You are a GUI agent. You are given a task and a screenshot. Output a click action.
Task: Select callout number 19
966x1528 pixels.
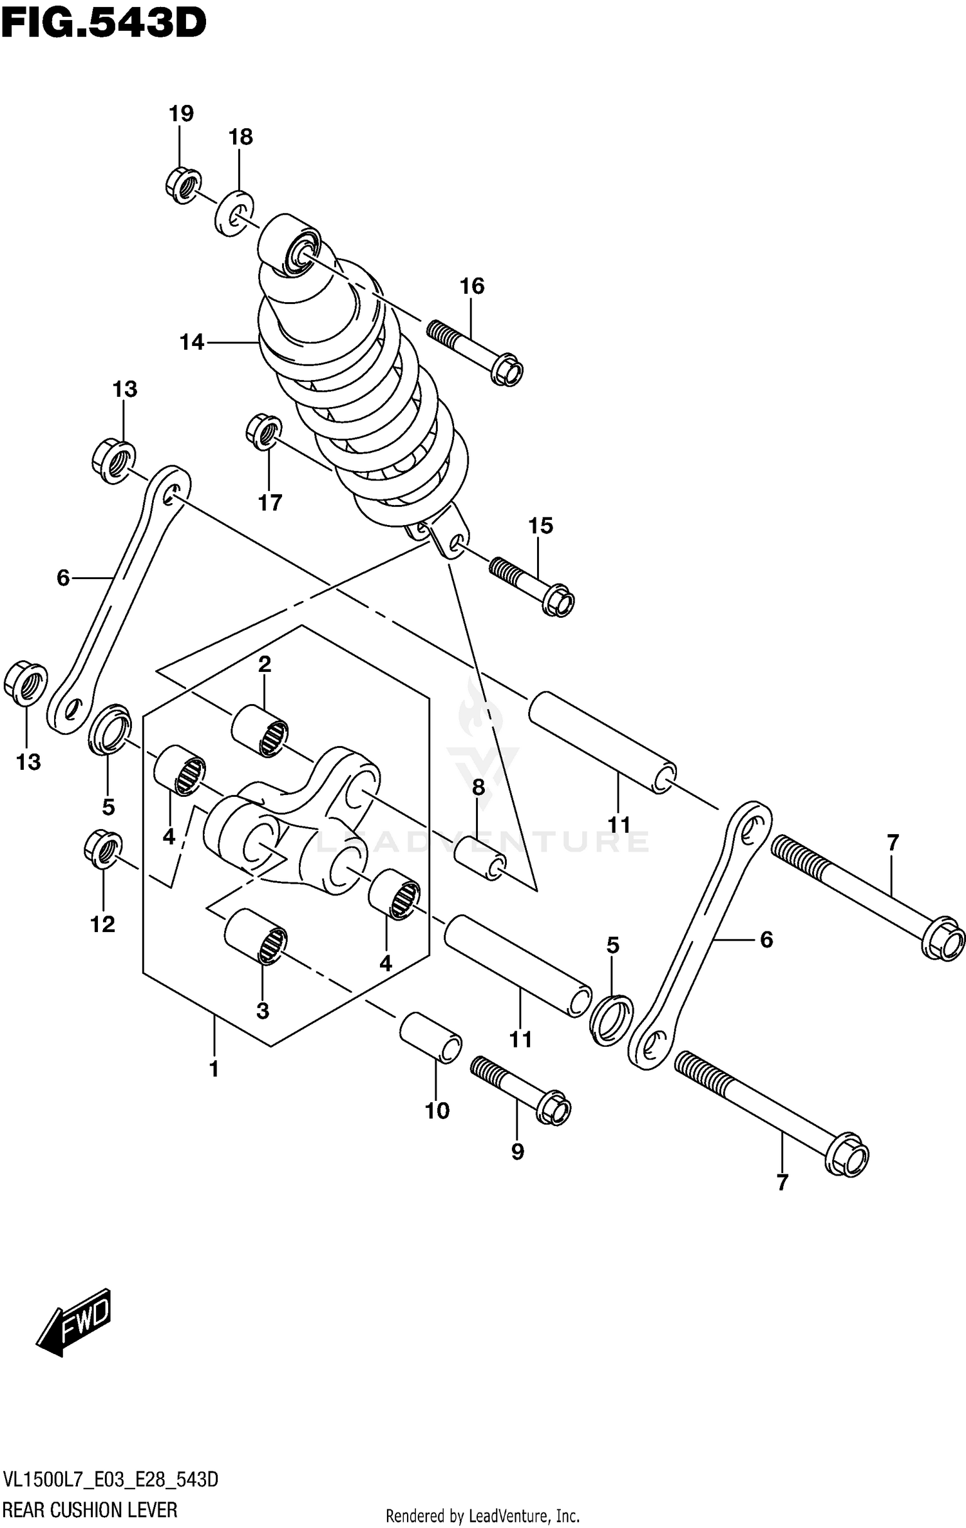click(x=181, y=114)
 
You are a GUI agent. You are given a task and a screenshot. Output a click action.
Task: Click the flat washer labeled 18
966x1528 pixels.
click(x=233, y=213)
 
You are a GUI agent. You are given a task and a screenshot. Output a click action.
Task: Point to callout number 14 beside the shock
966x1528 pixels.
click(x=192, y=343)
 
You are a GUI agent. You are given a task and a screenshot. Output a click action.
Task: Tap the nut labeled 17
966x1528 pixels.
click(x=264, y=432)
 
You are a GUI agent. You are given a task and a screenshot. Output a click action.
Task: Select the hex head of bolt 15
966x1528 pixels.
click(x=558, y=600)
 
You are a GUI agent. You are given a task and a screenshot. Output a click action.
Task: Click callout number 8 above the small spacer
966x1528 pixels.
click(x=478, y=787)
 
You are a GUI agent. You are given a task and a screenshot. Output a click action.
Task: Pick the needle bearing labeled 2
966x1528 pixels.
click(x=260, y=731)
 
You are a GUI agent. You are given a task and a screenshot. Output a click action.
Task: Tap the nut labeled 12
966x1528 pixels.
click(x=103, y=850)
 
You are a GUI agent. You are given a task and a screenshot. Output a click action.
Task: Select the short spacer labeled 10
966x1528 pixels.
click(x=431, y=1037)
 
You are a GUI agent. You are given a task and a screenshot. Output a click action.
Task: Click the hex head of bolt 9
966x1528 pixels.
click(x=553, y=1109)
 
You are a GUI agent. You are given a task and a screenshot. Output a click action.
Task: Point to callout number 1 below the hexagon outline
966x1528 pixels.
click(x=214, y=1069)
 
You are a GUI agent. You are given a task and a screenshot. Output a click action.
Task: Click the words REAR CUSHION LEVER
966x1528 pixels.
click(x=90, y=1509)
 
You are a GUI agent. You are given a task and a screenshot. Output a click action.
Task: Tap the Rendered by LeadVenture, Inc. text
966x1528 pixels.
click(x=483, y=1515)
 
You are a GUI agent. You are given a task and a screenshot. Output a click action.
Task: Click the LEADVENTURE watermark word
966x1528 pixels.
click(x=483, y=841)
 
